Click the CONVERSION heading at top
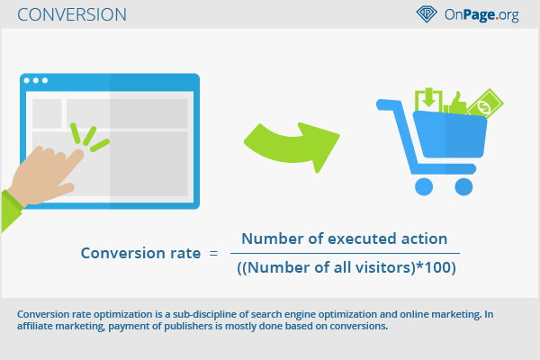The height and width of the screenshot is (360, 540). click(x=72, y=14)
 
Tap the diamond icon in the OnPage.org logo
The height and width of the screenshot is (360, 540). click(x=427, y=14)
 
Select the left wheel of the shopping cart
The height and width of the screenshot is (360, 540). click(x=424, y=186)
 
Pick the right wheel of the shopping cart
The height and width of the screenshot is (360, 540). click(x=463, y=186)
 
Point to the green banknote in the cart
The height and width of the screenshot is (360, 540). click(x=486, y=103)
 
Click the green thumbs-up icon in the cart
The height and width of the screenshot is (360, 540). click(x=455, y=103)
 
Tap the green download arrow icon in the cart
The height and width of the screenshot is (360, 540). click(x=428, y=99)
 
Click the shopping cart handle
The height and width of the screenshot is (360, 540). click(x=389, y=104)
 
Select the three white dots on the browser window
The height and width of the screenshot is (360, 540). click(x=35, y=81)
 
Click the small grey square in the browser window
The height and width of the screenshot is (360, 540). click(x=47, y=113)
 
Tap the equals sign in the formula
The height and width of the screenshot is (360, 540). click(x=213, y=254)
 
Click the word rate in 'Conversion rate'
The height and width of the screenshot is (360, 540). click(x=185, y=253)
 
